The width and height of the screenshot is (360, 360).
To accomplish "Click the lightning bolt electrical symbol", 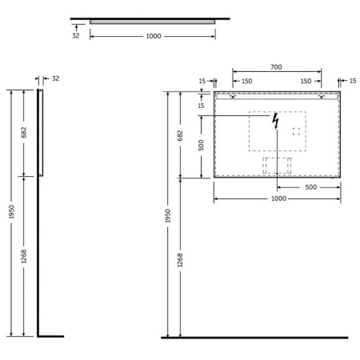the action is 275,121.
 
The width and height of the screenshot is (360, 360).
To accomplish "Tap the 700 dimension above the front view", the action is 276,67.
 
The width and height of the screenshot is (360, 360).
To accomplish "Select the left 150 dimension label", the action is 246,81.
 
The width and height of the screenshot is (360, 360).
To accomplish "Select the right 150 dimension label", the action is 306,81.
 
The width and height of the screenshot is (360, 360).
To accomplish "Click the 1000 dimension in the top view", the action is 154,36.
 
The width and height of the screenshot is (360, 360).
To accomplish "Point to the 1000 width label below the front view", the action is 278,198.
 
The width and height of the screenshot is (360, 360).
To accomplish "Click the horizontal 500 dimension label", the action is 311,187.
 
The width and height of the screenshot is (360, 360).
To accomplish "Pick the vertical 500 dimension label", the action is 201,146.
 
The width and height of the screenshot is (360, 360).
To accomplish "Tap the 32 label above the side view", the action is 55,78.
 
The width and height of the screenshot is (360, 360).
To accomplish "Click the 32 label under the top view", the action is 76,36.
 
